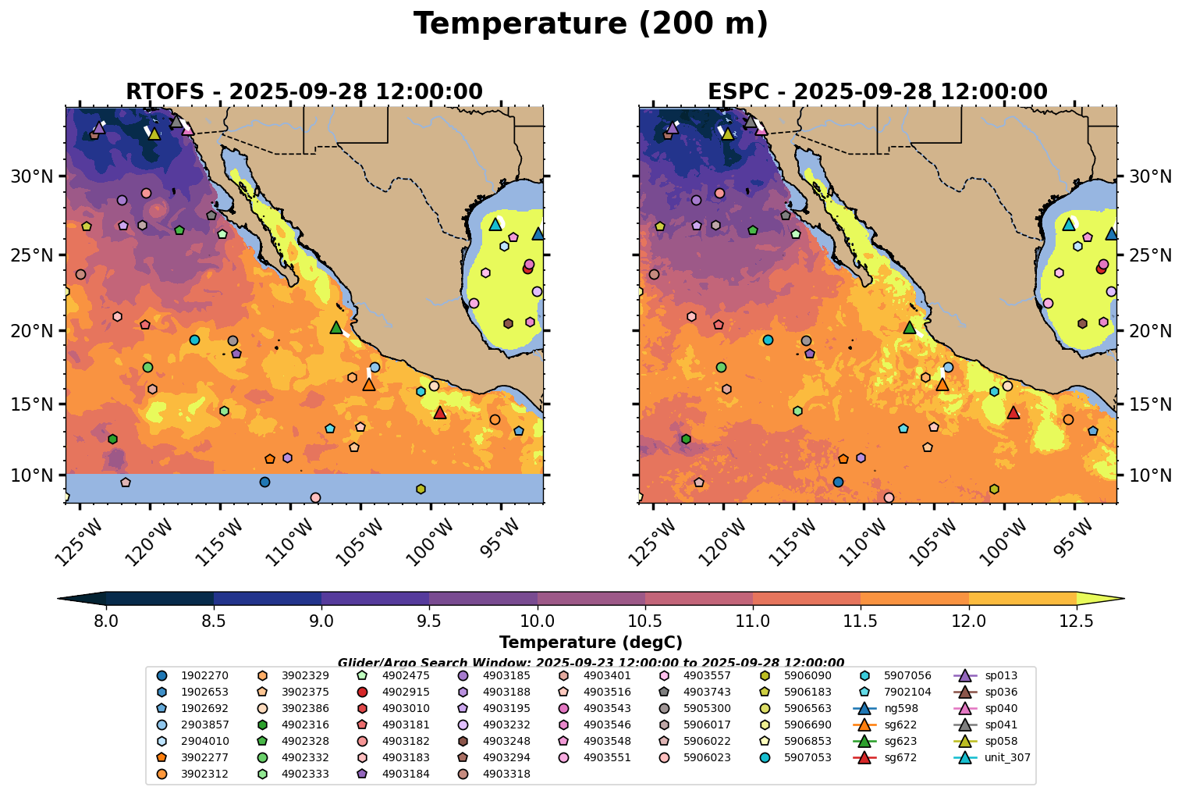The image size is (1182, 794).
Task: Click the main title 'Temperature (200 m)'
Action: [591, 24]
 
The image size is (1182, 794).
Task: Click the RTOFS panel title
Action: [303, 92]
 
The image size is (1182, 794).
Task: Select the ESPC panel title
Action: [877, 92]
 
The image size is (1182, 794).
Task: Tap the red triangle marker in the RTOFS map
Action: [439, 412]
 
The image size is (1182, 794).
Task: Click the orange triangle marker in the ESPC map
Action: [942, 384]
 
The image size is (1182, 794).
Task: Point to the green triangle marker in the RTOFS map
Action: [336, 327]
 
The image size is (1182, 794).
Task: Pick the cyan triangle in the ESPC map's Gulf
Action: [1069, 224]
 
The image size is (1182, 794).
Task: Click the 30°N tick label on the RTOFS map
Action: [32, 177]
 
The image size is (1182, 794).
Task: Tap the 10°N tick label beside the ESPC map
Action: [1150, 475]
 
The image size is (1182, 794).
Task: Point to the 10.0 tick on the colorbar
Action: [537, 621]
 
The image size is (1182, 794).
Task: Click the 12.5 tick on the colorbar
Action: [1076, 621]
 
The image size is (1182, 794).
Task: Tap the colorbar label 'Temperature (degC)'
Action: [591, 643]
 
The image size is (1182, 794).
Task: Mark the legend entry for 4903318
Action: [506, 774]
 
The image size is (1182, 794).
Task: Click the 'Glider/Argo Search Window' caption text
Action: [591, 663]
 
